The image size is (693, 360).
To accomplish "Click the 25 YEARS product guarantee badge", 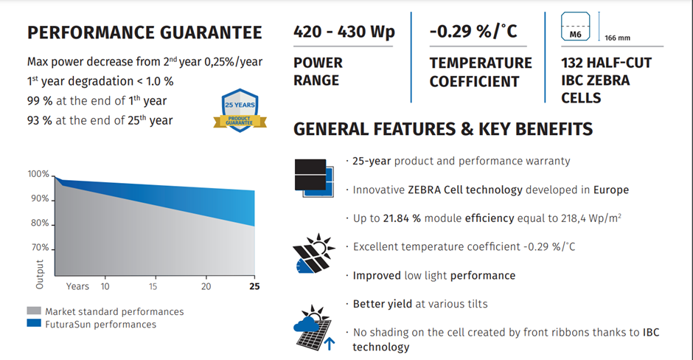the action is [x=240, y=111].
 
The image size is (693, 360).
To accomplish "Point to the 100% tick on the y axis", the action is [x=38, y=174].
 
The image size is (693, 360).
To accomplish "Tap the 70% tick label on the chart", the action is [x=40, y=247].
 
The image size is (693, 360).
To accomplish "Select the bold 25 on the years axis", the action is [x=254, y=286].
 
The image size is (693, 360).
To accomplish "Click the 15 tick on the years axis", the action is [x=153, y=286].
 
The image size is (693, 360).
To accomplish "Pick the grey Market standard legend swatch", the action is [x=34, y=311].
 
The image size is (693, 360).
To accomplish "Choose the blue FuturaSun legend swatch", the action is [x=34, y=323].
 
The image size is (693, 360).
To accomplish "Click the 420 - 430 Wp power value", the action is [x=344, y=32].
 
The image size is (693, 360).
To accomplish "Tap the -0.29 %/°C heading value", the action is [x=473, y=31].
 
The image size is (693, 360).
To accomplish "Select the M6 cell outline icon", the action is [x=576, y=27].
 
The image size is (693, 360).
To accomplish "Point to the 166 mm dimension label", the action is [x=617, y=38].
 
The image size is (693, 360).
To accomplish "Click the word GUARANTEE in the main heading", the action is [x=211, y=32].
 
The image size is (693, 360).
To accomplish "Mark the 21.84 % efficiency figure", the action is [x=402, y=218].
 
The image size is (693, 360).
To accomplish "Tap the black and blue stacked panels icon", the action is [x=314, y=178].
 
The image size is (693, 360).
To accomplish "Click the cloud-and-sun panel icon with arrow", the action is [x=314, y=328].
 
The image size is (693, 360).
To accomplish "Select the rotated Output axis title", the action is [x=40, y=274].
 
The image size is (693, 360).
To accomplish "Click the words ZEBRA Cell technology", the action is [x=465, y=190].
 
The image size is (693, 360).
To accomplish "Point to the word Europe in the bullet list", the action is [x=610, y=190].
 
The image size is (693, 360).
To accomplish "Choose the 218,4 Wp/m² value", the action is [x=579, y=218].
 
